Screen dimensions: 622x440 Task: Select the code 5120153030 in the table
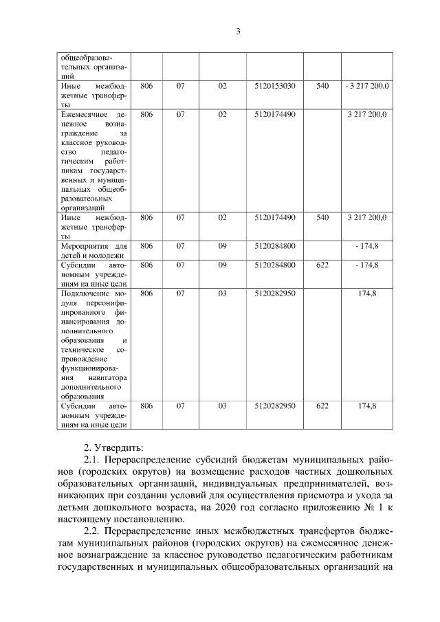(x=274, y=87)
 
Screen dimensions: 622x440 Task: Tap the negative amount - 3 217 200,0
(x=367, y=87)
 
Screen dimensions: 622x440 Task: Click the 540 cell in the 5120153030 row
(x=322, y=87)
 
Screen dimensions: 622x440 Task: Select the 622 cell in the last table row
(x=322, y=406)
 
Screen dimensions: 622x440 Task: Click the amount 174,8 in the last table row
(x=367, y=406)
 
